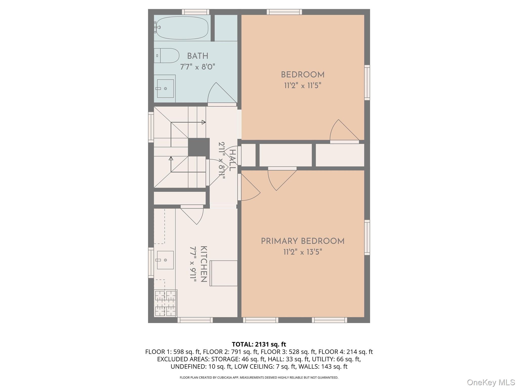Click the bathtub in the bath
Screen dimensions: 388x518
point(182,28)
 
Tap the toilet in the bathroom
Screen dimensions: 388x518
point(167,56)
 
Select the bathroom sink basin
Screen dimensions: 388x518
point(165,88)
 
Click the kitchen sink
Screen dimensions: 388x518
point(165,260)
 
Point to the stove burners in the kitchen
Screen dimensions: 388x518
point(165,303)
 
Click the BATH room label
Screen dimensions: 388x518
point(198,56)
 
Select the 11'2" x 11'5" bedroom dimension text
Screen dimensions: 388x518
point(303,86)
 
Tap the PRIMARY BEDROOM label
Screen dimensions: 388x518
point(303,241)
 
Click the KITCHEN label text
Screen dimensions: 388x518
point(204,264)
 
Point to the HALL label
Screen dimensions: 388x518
point(232,160)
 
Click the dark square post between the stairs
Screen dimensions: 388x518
point(199,147)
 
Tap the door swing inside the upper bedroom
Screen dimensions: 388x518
point(343,131)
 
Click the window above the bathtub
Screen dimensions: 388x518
point(196,12)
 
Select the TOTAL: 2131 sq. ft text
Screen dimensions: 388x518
point(259,344)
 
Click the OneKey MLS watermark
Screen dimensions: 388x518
point(491,382)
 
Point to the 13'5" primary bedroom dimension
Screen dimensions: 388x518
point(314,252)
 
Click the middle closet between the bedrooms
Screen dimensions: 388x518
point(285,155)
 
